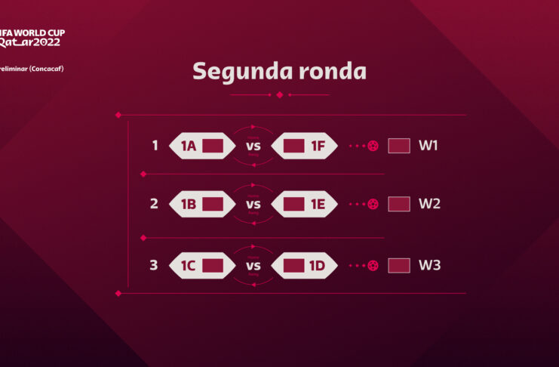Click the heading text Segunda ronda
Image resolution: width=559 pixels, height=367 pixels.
(279, 71)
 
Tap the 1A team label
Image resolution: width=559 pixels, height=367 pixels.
(188, 146)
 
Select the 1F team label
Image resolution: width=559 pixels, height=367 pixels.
(318, 146)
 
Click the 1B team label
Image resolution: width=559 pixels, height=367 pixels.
(188, 204)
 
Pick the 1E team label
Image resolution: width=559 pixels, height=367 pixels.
(318, 204)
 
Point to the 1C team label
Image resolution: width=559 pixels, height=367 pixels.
(188, 265)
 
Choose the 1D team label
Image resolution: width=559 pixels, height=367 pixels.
(318, 265)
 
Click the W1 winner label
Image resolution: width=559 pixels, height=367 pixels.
(429, 145)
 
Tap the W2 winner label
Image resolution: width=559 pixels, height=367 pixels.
(429, 204)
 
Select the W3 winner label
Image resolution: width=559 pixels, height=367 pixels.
(429, 265)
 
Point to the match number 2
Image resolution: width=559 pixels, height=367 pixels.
(154, 204)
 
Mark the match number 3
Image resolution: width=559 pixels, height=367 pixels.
(154, 265)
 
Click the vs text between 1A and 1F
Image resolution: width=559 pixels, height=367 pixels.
(253, 146)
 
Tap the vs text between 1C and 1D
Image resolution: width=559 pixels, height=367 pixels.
(253, 266)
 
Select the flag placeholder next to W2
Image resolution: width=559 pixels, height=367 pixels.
(398, 204)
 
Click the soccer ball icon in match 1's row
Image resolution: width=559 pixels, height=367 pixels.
(373, 146)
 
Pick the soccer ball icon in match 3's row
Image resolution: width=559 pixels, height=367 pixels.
(373, 266)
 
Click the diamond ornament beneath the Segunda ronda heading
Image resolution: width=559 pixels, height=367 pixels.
(280, 95)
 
